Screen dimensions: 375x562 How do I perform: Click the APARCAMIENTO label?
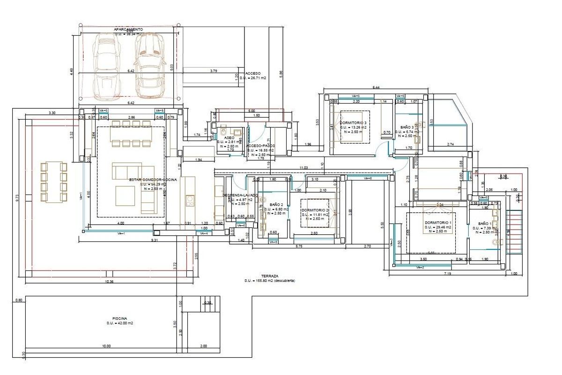tap(128, 29)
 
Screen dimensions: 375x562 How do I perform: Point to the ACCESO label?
tap(253, 74)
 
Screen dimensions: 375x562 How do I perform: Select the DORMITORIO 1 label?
tap(438, 223)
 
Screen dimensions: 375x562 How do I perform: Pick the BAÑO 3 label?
tap(407, 127)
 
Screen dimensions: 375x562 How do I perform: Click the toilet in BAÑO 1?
tap(497, 242)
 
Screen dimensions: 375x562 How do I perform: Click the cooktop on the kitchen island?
tap(190, 201)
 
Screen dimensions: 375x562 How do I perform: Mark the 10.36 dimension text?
tap(109, 281)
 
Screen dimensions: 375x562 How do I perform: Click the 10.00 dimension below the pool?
tap(106, 346)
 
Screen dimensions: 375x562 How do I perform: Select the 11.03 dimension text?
tap(303, 167)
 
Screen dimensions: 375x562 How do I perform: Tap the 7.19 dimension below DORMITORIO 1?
tap(447, 273)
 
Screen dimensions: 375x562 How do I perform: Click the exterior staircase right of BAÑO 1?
tap(515, 232)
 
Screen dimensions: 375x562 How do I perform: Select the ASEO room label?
tap(229, 138)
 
